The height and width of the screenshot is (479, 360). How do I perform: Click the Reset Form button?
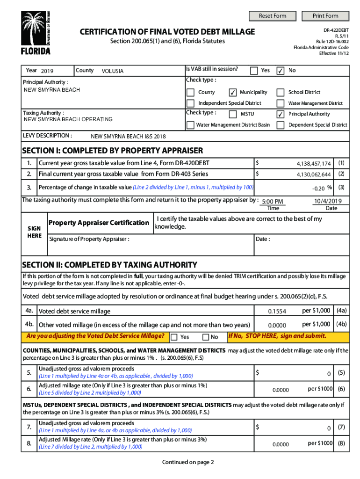tap(273, 16)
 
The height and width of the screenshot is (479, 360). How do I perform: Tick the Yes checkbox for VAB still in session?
tap(254, 71)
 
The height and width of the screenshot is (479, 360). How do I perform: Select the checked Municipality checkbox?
tap(233, 93)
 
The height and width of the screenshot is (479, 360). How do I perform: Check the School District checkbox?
tap(281, 93)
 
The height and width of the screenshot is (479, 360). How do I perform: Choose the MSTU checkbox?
tap(233, 114)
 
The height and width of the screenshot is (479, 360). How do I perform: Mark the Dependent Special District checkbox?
tap(281, 125)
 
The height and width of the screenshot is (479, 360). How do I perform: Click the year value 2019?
tap(47, 71)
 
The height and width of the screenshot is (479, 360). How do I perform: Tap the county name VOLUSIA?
tap(113, 71)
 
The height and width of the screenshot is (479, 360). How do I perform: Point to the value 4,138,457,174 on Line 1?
tap(314, 164)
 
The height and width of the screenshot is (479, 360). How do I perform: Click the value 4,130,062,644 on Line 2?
tap(314, 174)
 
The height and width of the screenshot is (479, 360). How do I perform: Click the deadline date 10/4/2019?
tap(329, 201)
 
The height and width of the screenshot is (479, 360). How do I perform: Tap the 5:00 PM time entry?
tap(273, 202)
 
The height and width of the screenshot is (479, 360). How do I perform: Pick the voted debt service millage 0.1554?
tap(277, 312)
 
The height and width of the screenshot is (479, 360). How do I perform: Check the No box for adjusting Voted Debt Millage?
tap(206, 337)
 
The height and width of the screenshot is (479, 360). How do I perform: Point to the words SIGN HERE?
tap(34, 232)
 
